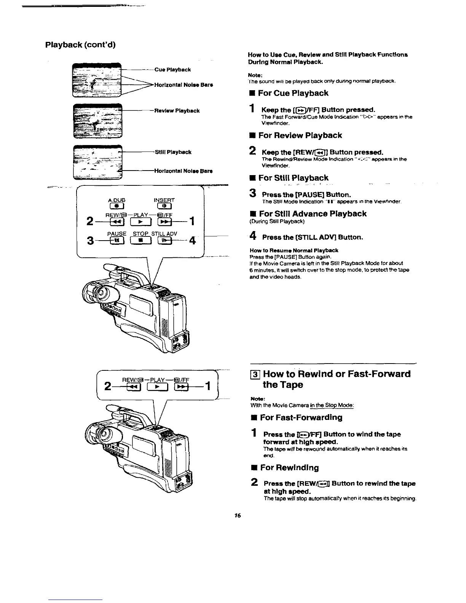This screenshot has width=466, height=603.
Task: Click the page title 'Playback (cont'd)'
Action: pos(80,45)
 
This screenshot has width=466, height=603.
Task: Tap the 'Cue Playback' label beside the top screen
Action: pos(172,70)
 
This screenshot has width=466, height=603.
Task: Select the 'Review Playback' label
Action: pos(176,111)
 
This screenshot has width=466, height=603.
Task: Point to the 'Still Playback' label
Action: pos(173,152)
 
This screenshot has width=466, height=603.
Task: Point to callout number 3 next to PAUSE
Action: pos(91,241)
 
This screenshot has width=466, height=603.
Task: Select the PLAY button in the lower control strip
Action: pos(140,388)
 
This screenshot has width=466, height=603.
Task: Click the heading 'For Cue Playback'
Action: pos(293,93)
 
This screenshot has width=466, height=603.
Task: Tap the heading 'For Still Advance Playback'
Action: pos(312,214)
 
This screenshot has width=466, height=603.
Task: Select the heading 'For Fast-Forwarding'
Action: pos(301,417)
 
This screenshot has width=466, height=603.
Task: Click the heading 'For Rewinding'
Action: pos(289,467)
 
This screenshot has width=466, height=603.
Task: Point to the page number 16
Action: pos(238,516)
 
